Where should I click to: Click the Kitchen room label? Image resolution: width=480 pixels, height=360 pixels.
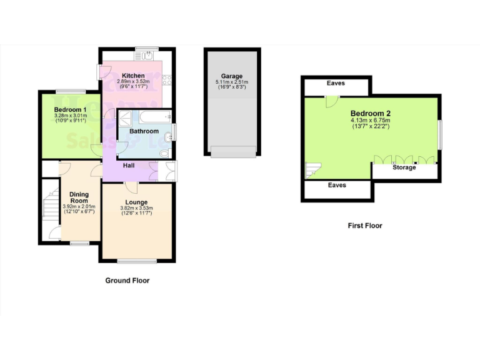click(133, 76)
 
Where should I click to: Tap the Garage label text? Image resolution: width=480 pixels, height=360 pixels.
click(231, 76)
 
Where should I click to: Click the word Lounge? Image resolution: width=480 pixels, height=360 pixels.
click(136, 202)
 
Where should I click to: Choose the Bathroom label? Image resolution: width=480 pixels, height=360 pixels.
click(144, 131)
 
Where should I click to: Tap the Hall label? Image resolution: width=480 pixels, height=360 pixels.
click(129, 166)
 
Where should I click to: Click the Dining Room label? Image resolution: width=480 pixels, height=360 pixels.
click(79, 197)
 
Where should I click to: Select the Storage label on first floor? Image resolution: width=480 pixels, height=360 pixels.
click(404, 167)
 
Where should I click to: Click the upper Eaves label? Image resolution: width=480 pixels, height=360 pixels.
click(336, 83)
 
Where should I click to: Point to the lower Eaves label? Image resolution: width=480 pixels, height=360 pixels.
click(337, 185)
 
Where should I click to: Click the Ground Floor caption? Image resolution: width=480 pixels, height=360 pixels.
click(127, 281)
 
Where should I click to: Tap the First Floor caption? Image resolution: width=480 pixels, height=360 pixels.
click(364, 226)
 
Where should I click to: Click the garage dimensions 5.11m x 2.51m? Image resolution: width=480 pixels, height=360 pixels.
click(231, 82)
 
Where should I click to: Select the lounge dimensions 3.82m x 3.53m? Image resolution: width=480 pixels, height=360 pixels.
click(136, 209)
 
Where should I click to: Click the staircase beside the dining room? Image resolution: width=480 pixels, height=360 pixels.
click(49, 206)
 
